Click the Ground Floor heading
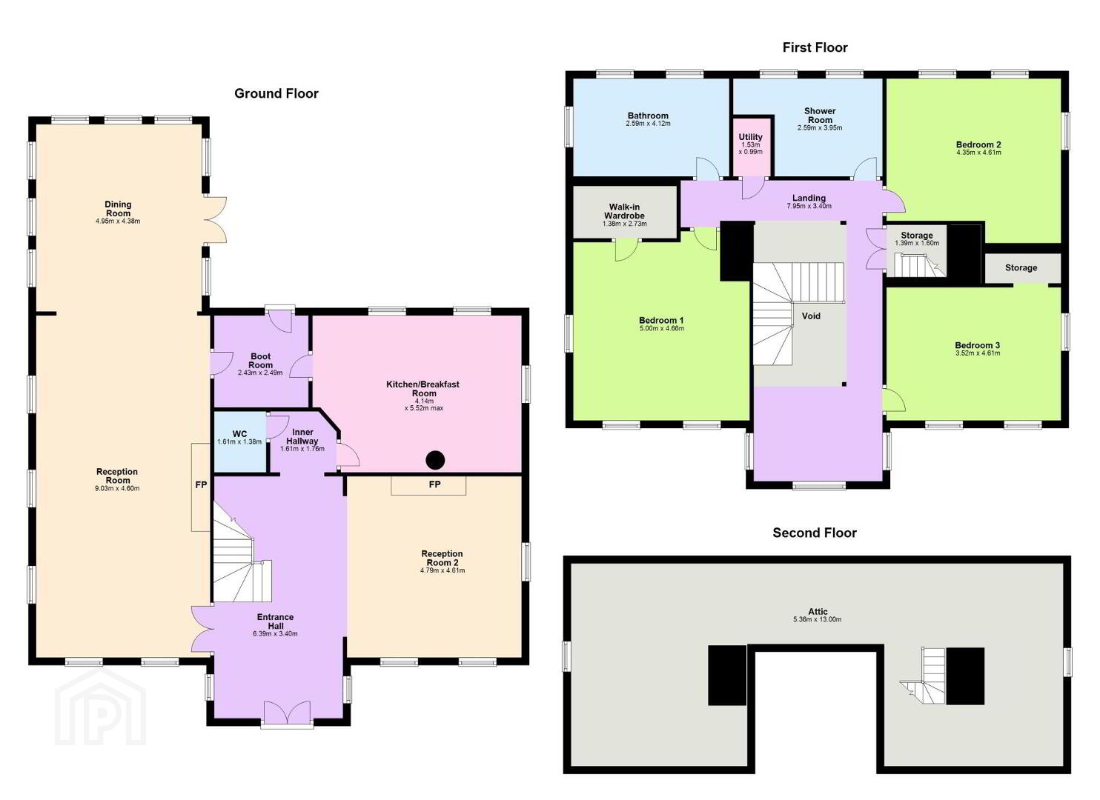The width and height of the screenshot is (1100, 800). pyautogui.click(x=276, y=93)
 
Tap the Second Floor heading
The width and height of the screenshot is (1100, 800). pyautogui.click(x=815, y=533)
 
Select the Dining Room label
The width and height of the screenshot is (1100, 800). pyautogui.click(x=118, y=209)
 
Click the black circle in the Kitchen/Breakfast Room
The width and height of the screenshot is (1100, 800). pyautogui.click(x=435, y=460)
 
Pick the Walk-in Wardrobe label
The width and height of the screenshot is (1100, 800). pyautogui.click(x=625, y=211)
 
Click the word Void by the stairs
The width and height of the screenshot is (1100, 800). pyautogui.click(x=811, y=316)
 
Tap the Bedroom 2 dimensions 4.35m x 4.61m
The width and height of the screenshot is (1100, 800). pyautogui.click(x=978, y=152)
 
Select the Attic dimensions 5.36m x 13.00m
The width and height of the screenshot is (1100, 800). pyautogui.click(x=817, y=619)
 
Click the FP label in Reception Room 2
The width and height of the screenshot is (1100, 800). pyautogui.click(x=434, y=484)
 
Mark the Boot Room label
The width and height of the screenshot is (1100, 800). pyautogui.click(x=260, y=361)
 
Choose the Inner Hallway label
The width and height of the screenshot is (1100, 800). pyautogui.click(x=302, y=436)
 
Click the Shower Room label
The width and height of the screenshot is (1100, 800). pyautogui.click(x=820, y=116)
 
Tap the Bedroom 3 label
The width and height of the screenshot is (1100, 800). pyautogui.click(x=977, y=345)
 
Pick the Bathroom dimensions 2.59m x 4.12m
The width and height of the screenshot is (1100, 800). pyautogui.click(x=648, y=124)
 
